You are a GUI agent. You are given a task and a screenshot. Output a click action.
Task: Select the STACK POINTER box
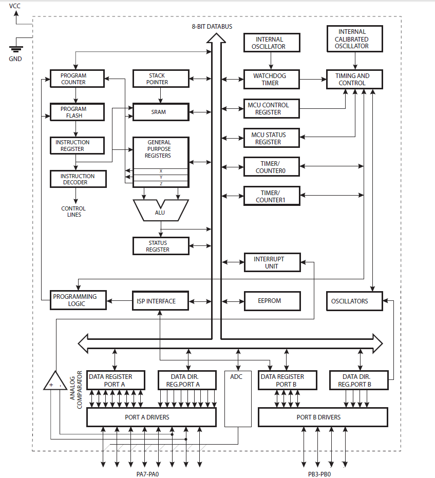(x=157, y=79)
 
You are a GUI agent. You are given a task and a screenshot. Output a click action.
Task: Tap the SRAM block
(x=159, y=112)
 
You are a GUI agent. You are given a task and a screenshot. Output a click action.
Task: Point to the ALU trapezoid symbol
(x=160, y=211)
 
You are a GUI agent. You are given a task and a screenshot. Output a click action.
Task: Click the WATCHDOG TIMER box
(x=270, y=79)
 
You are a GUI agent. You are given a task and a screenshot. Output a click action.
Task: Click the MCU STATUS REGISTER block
(x=270, y=138)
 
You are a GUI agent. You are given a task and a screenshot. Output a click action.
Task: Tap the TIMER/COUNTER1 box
(x=270, y=196)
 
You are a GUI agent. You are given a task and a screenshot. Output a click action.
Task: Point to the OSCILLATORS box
(x=354, y=301)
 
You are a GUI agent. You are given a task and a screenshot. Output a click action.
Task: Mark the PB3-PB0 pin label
(x=320, y=474)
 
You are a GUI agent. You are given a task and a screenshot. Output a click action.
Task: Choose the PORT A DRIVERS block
(x=151, y=417)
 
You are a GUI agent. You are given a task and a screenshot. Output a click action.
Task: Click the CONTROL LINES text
(x=73, y=212)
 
